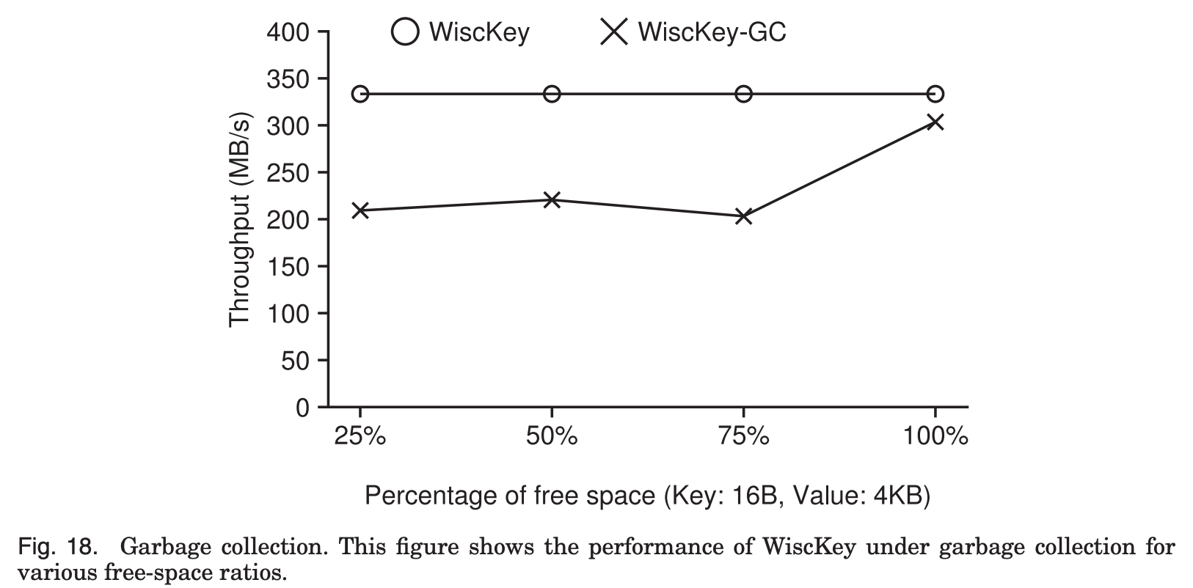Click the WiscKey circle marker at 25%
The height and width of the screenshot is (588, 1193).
tap(360, 94)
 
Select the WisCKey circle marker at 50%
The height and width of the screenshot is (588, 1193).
tap(552, 94)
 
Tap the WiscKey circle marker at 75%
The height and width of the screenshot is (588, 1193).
tap(744, 94)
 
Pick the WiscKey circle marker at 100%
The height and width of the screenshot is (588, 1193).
tap(935, 94)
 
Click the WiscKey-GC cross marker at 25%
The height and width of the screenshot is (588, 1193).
tap(360, 210)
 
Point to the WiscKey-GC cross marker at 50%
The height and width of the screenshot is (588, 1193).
tap(552, 199)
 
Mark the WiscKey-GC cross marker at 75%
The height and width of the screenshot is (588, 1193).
tap(744, 216)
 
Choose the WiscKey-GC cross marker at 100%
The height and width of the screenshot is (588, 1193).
tap(935, 122)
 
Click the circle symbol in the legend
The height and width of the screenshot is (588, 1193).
tap(405, 32)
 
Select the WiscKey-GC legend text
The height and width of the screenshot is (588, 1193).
tap(712, 32)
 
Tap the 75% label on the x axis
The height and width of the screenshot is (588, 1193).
tap(744, 437)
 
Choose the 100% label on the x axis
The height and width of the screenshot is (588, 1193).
tap(935, 437)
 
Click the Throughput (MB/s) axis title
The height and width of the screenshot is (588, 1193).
tap(240, 219)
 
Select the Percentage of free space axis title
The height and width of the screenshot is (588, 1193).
tap(647, 496)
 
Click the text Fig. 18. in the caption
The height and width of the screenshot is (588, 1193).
tap(57, 547)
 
